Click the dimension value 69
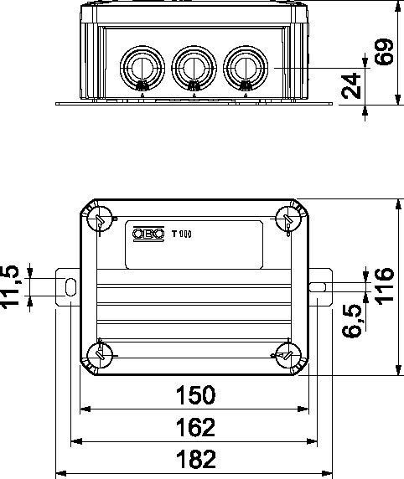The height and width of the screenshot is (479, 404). point(385,52)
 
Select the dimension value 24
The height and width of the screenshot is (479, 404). point(351,85)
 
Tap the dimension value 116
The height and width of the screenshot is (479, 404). point(384,286)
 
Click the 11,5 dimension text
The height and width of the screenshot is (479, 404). point(10,287)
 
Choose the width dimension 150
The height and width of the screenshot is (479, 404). point(196,395)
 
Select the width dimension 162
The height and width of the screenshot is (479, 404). point(196,427)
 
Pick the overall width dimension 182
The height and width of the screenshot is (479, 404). point(196,459)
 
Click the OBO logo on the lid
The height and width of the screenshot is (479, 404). point(148,234)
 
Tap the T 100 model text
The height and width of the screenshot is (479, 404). point(182,234)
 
